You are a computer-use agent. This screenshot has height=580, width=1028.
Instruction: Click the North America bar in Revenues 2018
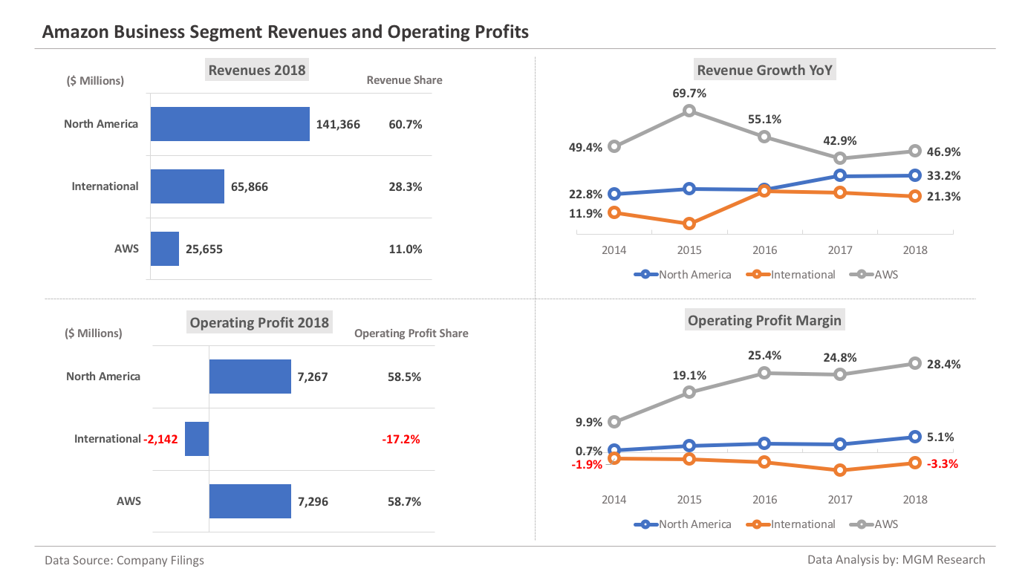click(x=230, y=124)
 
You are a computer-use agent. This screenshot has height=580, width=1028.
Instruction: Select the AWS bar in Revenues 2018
click(x=165, y=249)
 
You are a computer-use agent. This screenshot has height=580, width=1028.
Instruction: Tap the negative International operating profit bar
click(x=197, y=439)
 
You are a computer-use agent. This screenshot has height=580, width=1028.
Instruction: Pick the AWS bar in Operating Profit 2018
click(x=250, y=501)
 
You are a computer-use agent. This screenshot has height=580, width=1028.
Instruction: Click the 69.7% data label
click(x=690, y=94)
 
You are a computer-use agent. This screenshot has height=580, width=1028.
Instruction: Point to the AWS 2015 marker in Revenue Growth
click(x=689, y=111)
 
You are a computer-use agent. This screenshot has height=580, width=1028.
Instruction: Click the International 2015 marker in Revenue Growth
click(x=689, y=223)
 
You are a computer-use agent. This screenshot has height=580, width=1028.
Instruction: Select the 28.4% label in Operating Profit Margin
click(x=944, y=365)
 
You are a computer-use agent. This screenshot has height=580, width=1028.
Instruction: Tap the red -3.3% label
click(x=943, y=463)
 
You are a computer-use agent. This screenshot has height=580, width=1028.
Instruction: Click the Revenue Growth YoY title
click(x=764, y=71)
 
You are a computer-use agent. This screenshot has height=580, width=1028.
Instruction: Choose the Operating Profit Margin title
click(x=764, y=321)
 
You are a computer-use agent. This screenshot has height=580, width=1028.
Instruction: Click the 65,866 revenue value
click(x=250, y=187)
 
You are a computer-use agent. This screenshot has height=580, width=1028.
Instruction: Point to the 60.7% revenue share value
click(x=405, y=125)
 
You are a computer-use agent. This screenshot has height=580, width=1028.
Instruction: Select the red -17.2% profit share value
click(x=401, y=440)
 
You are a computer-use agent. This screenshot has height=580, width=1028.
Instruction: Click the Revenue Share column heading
click(x=404, y=80)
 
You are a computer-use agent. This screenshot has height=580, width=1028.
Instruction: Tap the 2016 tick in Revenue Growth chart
click(x=765, y=250)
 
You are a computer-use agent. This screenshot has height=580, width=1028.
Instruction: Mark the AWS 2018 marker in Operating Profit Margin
click(x=915, y=363)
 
